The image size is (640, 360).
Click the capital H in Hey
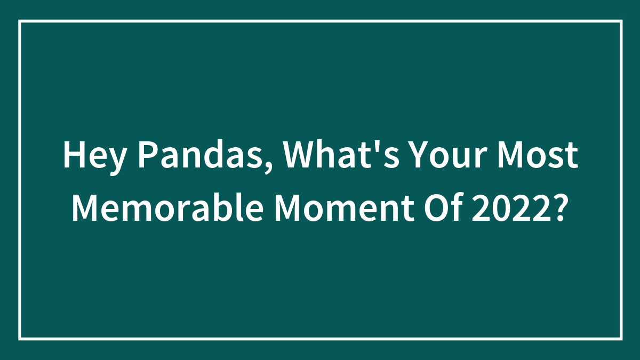pos(73,156)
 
